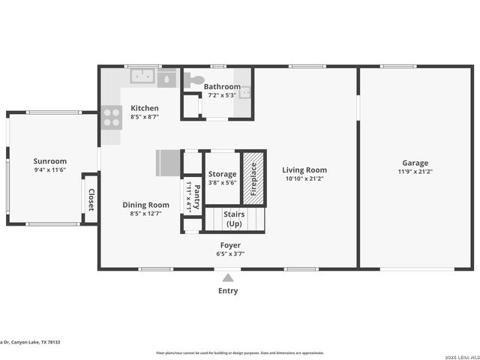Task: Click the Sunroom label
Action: pyautogui.click(x=50, y=160)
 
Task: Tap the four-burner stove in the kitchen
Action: pyautogui.click(x=112, y=118)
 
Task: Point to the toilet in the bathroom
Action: pyautogui.click(x=194, y=79)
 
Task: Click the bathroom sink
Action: pyautogui.click(x=245, y=93)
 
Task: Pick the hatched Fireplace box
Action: pyautogui.click(x=253, y=178)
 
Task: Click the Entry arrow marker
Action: pyautogui.click(x=228, y=278)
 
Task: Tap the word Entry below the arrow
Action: pyautogui.click(x=228, y=291)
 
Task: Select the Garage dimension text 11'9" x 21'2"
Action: pyautogui.click(x=415, y=172)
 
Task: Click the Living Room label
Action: pyautogui.click(x=304, y=169)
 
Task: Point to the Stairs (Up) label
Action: pyautogui.click(x=234, y=219)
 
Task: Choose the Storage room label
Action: pyautogui.click(x=222, y=174)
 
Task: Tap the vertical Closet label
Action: pyautogui.click(x=91, y=199)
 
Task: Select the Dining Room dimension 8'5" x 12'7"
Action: pyautogui.click(x=145, y=214)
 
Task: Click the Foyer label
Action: pyautogui.click(x=230, y=245)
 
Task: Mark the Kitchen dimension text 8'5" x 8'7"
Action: pyautogui.click(x=145, y=117)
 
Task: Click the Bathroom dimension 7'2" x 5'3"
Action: pyautogui.click(x=222, y=95)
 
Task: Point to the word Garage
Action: pyautogui.click(x=415, y=163)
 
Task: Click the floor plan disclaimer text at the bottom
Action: pyautogui.click(x=239, y=352)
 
